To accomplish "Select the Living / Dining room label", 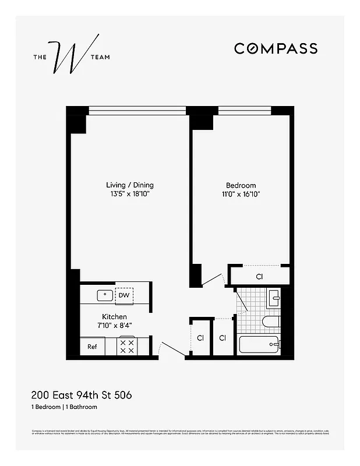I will pyautogui.click(x=125, y=185).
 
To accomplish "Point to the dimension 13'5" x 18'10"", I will pyautogui.click(x=125, y=195).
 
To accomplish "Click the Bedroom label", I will pyautogui.click(x=241, y=185).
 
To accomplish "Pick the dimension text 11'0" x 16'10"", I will pyautogui.click(x=241, y=195).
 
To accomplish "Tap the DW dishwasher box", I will pyautogui.click(x=123, y=295).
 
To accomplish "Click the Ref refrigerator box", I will pyautogui.click(x=92, y=347).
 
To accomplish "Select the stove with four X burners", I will pyautogui.click(x=126, y=347).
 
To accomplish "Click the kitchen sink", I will pyautogui.click(x=105, y=295).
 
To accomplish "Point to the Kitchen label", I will pyautogui.click(x=114, y=317).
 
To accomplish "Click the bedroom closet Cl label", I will pyautogui.click(x=259, y=276).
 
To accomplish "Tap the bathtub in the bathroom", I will pyautogui.click(x=260, y=345).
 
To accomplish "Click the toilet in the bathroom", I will pyautogui.click(x=271, y=322).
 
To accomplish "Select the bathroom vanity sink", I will pyautogui.click(x=274, y=299).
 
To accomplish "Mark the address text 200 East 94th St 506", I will pyautogui.click(x=81, y=395).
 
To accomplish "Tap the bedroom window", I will pyautogui.click(x=244, y=110).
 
